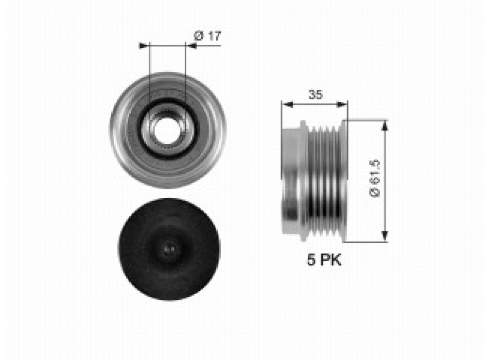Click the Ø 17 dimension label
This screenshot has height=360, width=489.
pos(207,36)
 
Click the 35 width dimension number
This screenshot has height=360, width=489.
pos(316,94)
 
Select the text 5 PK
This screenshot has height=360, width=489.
pos(324,260)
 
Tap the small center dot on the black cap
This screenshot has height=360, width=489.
pos(168,249)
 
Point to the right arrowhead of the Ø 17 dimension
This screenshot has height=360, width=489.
pos(190,45)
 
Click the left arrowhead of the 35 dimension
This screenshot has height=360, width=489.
pos(287,104)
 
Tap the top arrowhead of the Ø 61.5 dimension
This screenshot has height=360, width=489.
pos(385,125)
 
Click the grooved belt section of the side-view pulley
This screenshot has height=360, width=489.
pos(324,180)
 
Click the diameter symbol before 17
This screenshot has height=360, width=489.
pos(197,36)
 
